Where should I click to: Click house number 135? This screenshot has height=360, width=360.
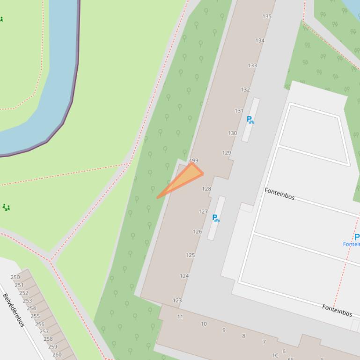tap(267, 16)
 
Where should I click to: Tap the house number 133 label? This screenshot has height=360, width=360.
tap(252, 65)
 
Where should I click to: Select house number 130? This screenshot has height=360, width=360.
tap(232, 133)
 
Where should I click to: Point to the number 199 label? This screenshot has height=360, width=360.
tap(194, 160)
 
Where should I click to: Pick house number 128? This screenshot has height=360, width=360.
tap(206, 189)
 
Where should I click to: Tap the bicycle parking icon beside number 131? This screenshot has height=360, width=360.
tap(250, 120)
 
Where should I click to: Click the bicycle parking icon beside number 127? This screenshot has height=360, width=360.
tap(216, 218)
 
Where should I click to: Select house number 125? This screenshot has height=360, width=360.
tap(190, 255)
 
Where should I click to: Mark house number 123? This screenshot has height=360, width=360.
tap(177, 301)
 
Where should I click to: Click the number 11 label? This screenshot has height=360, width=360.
tap(180, 317)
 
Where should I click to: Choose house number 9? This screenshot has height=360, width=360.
tap(224, 330)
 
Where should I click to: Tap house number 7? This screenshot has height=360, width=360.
tap(264, 342)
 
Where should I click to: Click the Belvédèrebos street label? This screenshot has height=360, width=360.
tap(14, 310)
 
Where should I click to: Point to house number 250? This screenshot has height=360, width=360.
tap(15, 277)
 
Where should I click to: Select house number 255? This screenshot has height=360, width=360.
tap(35, 316)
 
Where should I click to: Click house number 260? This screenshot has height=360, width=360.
tap(57, 354)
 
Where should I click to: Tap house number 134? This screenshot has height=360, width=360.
tap(260, 41)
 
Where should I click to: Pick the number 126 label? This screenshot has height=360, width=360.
tap(197, 231)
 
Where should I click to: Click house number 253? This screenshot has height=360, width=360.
tap(27, 301)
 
